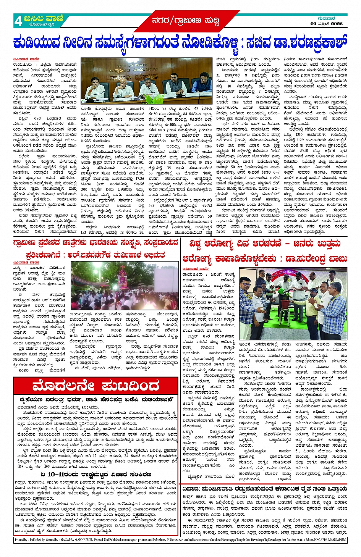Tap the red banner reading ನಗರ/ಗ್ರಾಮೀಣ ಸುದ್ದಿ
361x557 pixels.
(185, 21)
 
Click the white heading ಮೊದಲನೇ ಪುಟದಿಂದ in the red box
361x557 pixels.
(96, 386)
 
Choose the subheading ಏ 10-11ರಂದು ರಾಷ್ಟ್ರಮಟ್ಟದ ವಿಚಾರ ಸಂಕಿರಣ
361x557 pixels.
(95, 475)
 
